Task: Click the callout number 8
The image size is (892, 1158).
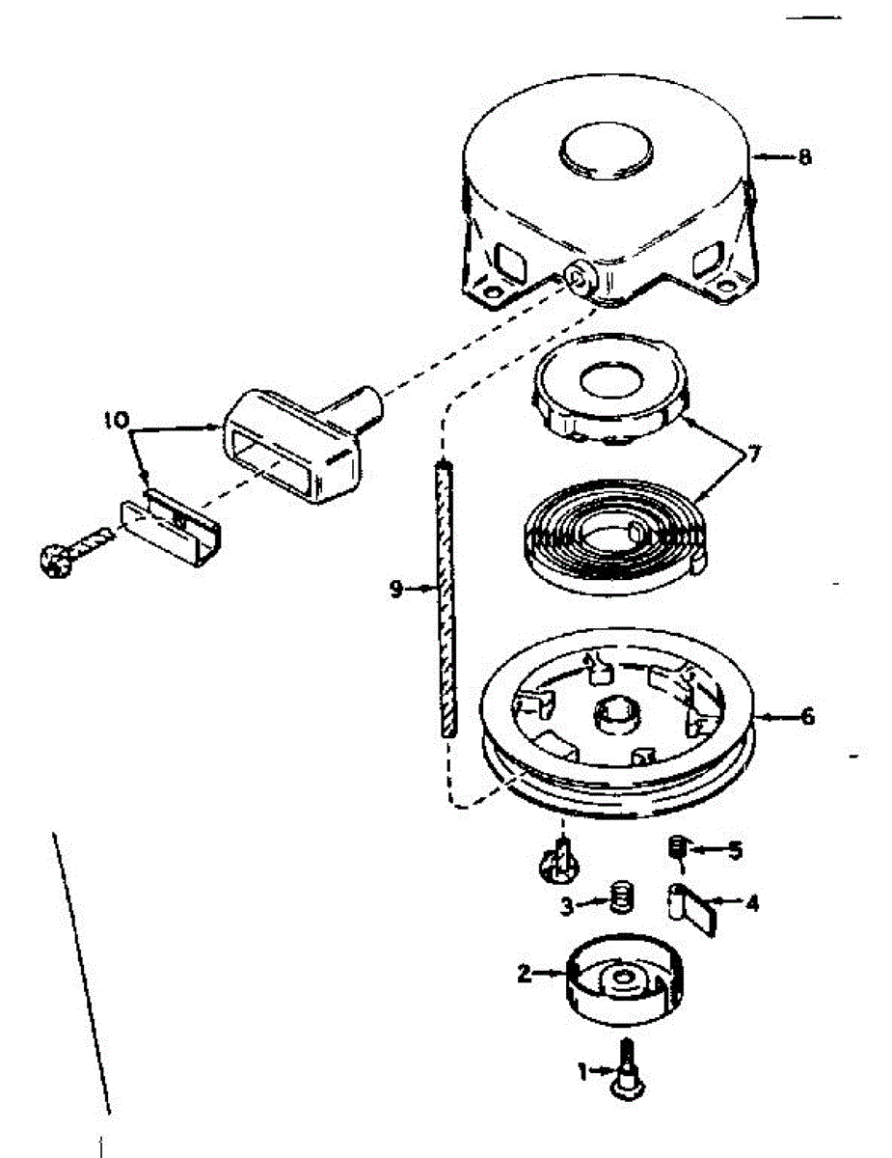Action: click(x=804, y=157)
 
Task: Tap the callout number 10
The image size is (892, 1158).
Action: click(x=117, y=421)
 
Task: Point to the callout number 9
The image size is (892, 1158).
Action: click(x=396, y=590)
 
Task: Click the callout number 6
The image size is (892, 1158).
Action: click(x=807, y=716)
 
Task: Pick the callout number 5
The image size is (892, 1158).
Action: click(x=736, y=850)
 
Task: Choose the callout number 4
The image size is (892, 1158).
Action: click(x=751, y=904)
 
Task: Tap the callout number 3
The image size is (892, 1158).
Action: click(x=568, y=906)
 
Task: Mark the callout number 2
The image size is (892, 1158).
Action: click(x=526, y=975)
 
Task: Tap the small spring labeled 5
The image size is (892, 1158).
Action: click(x=676, y=845)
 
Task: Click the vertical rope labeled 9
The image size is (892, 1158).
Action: click(x=446, y=599)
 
